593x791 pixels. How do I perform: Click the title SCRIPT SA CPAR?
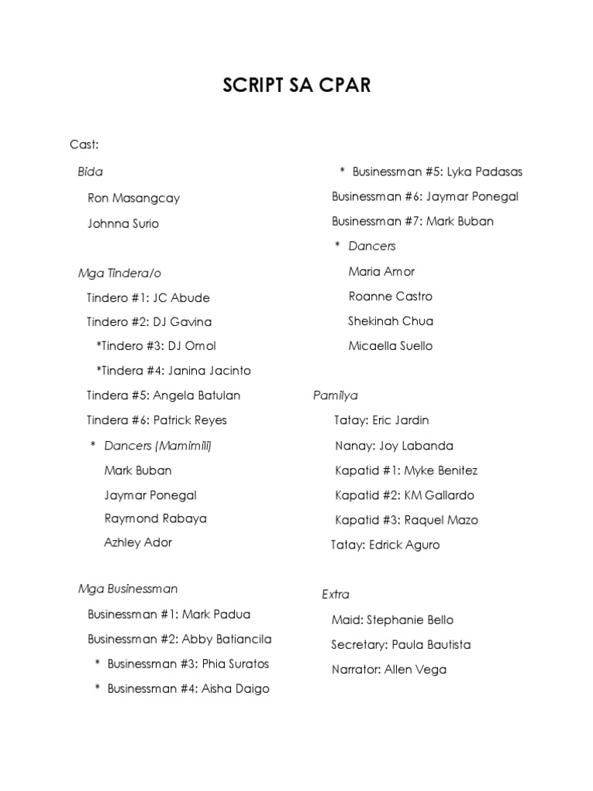(296, 85)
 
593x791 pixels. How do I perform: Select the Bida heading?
(90, 171)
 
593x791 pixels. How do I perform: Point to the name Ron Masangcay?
(134, 198)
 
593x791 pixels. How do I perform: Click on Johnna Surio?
(124, 224)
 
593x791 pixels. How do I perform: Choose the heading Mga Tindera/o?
(119, 273)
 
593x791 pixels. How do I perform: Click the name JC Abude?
(181, 297)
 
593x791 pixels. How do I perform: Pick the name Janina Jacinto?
(209, 371)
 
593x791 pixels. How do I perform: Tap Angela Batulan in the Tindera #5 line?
(197, 395)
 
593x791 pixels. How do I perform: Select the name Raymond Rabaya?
(155, 518)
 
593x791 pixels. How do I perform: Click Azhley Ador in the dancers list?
(138, 542)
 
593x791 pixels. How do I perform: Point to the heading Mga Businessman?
(127, 589)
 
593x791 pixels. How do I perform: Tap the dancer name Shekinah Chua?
(391, 321)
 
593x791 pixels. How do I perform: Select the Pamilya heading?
(335, 395)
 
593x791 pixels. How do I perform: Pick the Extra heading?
(336, 595)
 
